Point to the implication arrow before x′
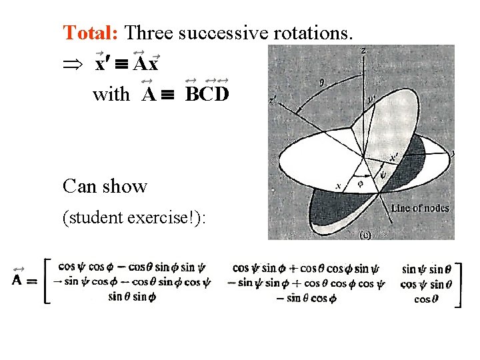(73, 65)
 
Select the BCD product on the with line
(207, 94)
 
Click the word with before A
(112, 95)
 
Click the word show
(125, 186)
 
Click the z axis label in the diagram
(362, 51)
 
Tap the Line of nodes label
(419, 208)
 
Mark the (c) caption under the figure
(364, 235)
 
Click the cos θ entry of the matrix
(422, 299)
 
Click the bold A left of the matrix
(19, 279)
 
